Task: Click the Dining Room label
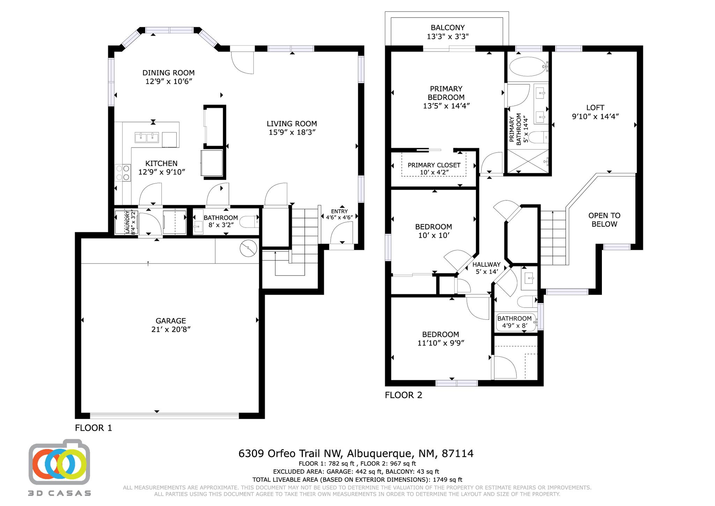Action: pyautogui.click(x=168, y=73)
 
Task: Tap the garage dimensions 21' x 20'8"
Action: pyautogui.click(x=171, y=329)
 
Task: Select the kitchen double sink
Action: pyautogui.click(x=147, y=137)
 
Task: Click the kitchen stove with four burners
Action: pyautogui.click(x=123, y=173)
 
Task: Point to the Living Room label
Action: pyautogui.click(x=292, y=124)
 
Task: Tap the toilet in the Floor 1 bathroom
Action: pyautogui.click(x=251, y=222)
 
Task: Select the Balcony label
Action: pyautogui.click(x=448, y=28)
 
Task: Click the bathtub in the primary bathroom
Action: pyautogui.click(x=528, y=66)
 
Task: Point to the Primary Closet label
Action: pyautogui.click(x=434, y=165)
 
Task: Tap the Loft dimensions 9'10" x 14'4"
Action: pyautogui.click(x=595, y=116)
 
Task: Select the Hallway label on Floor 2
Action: pyautogui.click(x=486, y=265)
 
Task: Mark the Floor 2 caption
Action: pyautogui.click(x=403, y=395)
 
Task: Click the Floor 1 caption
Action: pyautogui.click(x=93, y=428)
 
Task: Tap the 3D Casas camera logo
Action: pyautogui.click(x=59, y=463)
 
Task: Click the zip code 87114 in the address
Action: pyautogui.click(x=457, y=453)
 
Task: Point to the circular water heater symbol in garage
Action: pyautogui.click(x=249, y=248)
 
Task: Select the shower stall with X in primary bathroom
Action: pyautogui.click(x=528, y=161)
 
